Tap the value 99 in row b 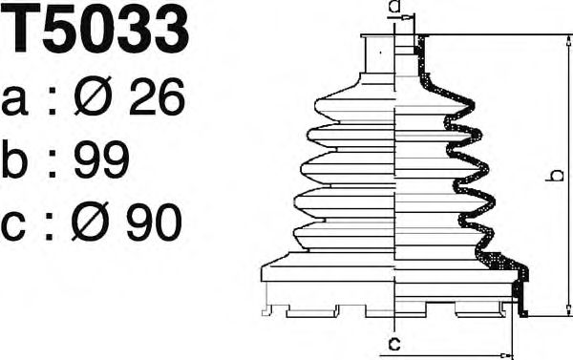coord(101,159)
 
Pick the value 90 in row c coord(154,222)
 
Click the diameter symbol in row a coord(93,96)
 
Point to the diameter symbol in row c coord(90,222)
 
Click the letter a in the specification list coord(14,101)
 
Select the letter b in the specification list coord(14,159)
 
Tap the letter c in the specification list coord(13,226)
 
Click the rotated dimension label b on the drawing coord(556,176)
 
